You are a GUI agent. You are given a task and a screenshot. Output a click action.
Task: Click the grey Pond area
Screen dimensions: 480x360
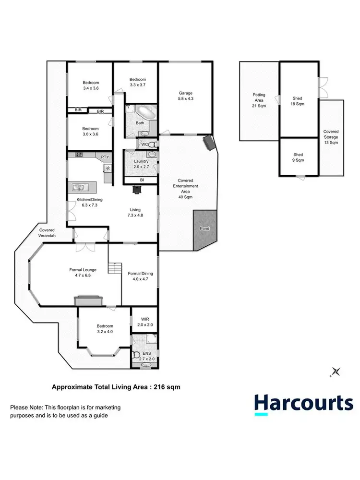coord(204,230)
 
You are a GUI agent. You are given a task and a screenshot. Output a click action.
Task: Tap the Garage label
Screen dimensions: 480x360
coord(186,96)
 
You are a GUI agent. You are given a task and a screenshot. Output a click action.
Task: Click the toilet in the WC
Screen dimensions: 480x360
coord(152,144)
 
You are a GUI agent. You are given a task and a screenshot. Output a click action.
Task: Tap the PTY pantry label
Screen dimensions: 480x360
coord(104,156)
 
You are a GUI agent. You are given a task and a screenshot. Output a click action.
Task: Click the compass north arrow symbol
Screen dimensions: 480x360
coord(336,371)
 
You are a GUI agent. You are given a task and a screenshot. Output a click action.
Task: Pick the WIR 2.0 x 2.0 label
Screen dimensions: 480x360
coord(145,321)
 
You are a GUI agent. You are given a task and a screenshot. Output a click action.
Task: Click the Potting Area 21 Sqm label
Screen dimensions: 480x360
coord(259,100)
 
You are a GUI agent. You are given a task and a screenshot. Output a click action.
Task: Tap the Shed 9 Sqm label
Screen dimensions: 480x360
coord(298,157)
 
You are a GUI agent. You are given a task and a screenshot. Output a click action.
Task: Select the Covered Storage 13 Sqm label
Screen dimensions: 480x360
coord(331,137)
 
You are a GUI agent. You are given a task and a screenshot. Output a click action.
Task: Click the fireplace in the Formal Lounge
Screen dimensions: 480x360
coord(88,300)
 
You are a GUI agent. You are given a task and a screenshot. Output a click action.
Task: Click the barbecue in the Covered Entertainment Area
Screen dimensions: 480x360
coord(209,143)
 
